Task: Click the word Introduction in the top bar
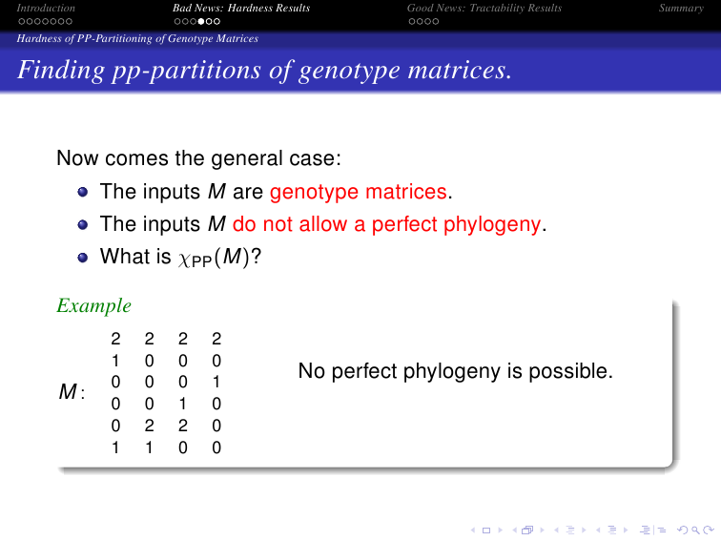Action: [46, 8]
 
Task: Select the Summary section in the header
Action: [681, 9]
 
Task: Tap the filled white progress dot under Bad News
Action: [201, 21]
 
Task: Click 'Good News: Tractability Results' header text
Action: [484, 9]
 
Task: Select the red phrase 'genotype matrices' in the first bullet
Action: [359, 192]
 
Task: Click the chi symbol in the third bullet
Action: [184, 259]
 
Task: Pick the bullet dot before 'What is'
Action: [83, 258]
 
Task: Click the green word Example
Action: [93, 306]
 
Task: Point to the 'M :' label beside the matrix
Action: [72, 392]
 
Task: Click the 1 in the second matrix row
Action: [115, 361]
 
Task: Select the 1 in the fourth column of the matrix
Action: [216, 383]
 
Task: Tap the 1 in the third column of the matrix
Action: [183, 404]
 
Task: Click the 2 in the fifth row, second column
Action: [150, 426]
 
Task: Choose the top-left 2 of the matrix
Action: [115, 339]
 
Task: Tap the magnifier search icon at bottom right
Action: [695, 531]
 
